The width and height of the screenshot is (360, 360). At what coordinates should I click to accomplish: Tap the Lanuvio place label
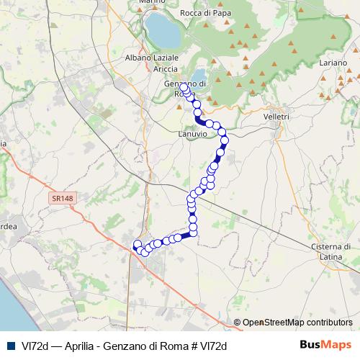192,134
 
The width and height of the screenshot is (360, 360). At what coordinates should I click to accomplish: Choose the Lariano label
333,64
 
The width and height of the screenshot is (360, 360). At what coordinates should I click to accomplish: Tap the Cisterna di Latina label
331,251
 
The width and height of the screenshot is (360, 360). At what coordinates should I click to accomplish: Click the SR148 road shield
63,197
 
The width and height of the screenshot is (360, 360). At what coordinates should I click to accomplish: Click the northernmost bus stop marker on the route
184,88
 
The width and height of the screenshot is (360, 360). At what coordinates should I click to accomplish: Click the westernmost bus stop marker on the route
137,244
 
